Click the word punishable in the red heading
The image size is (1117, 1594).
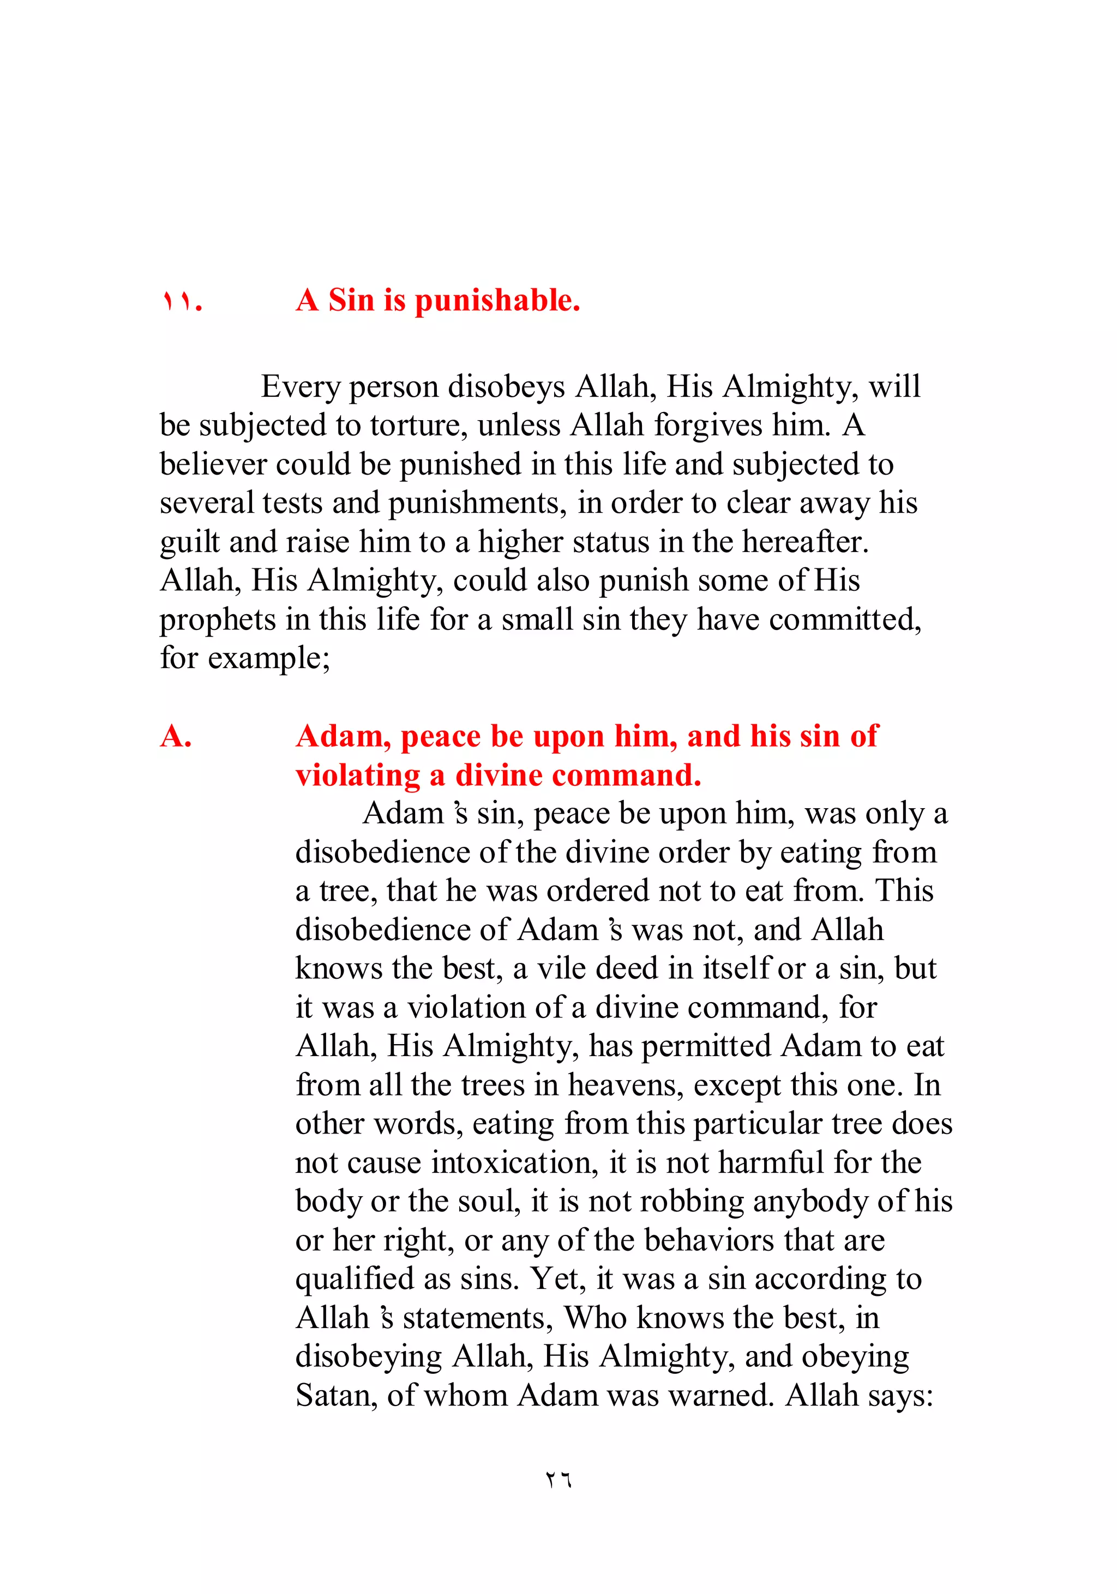tap(497, 301)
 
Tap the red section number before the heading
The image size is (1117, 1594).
tap(182, 301)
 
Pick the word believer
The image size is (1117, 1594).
tap(212, 464)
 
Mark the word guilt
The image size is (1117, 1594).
tap(189, 542)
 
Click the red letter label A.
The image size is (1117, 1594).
tap(175, 737)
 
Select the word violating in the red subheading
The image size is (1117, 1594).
tap(358, 775)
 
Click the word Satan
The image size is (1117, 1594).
tap(335, 1396)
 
